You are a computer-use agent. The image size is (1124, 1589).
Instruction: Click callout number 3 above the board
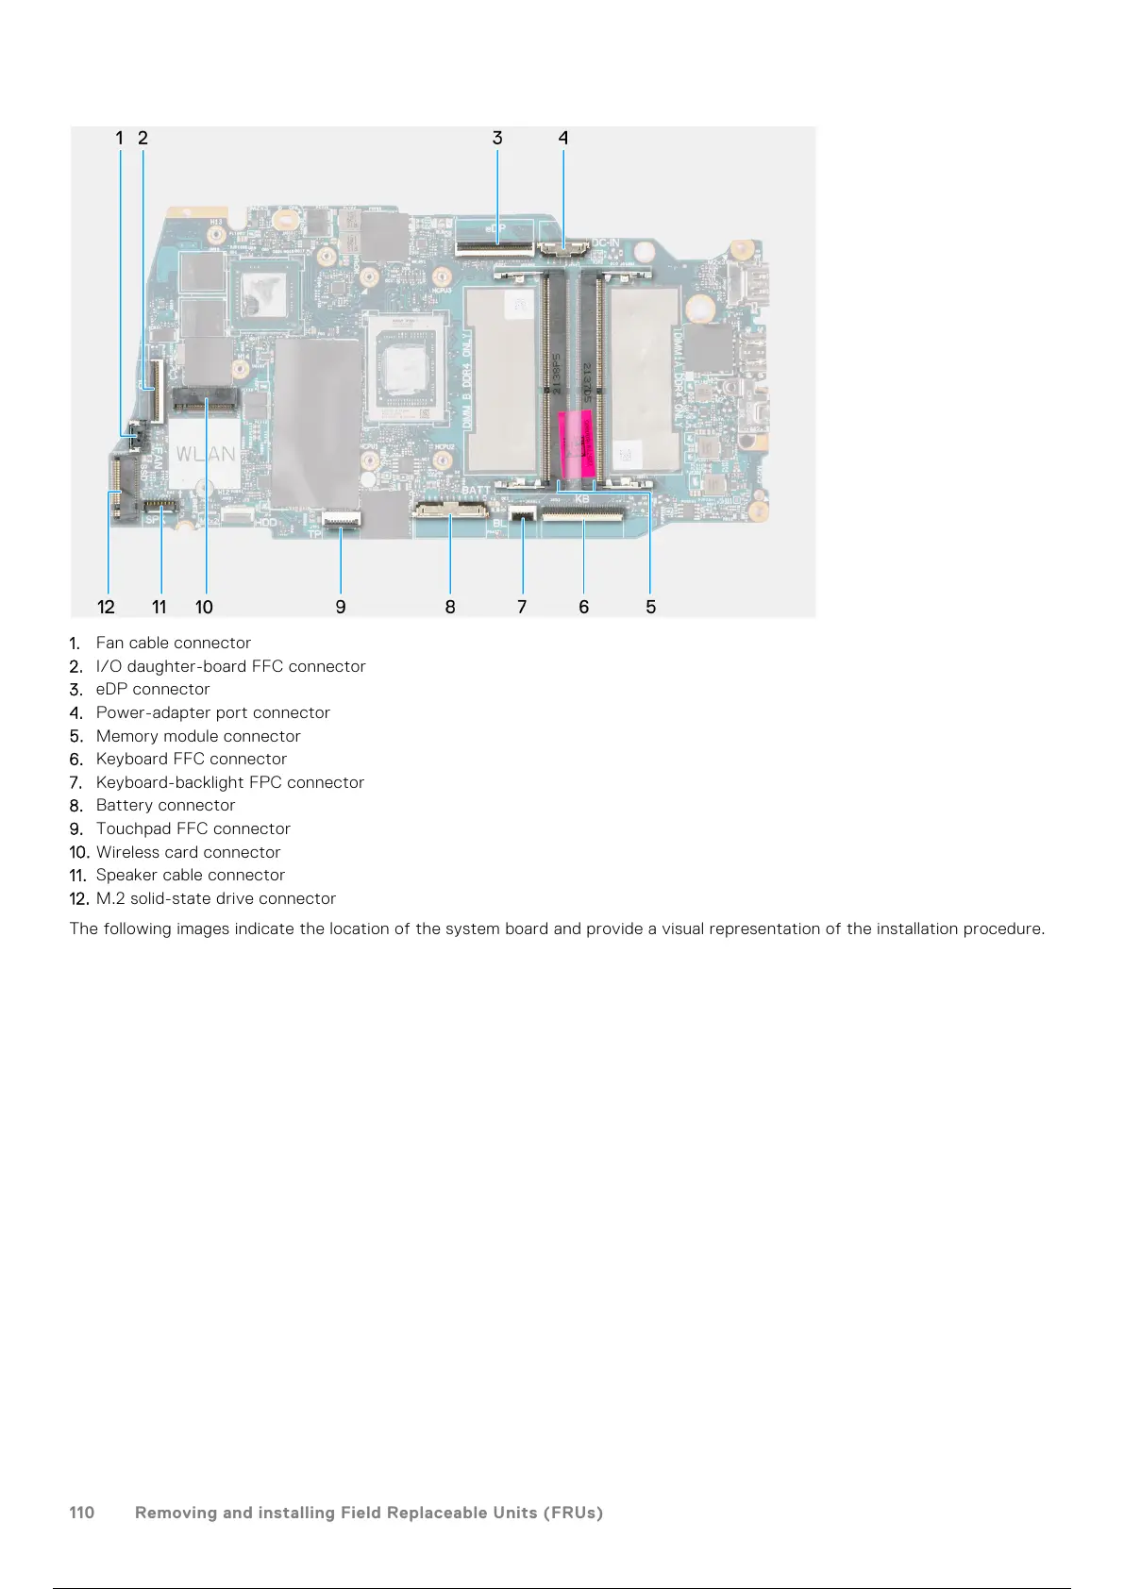497,138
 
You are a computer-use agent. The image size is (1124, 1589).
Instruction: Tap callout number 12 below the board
106,607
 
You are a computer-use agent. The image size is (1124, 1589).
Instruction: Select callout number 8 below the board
450,607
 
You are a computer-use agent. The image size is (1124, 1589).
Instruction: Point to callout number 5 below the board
650,607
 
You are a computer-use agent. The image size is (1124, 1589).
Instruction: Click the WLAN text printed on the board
206,454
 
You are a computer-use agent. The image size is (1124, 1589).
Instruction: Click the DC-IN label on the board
605,243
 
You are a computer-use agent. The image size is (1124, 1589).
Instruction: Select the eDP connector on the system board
494,249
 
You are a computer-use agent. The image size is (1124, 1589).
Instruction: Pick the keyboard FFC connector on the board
583,513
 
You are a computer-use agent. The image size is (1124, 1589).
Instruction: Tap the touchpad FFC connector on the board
341,518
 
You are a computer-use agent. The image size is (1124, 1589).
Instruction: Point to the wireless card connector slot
206,403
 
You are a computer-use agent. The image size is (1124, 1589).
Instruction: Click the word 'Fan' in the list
109,643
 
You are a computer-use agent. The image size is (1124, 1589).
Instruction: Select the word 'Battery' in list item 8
124,805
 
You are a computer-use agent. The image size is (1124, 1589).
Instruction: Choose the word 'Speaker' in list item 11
126,875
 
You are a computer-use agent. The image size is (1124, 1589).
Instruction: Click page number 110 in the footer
82,1513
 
